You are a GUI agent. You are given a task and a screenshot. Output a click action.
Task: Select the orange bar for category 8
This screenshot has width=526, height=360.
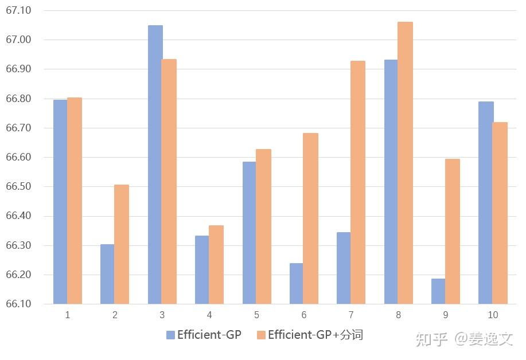click(x=405, y=163)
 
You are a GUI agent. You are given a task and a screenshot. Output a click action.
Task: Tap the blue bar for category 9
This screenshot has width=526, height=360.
click(x=438, y=291)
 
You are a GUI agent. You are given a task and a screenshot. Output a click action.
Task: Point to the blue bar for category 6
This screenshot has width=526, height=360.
click(x=296, y=284)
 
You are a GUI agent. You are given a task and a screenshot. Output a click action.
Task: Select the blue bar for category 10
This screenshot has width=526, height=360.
click(x=485, y=203)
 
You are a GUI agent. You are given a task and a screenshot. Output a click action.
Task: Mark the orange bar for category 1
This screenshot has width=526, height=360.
click(x=75, y=201)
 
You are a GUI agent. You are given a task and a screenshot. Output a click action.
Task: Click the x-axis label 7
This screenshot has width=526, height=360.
click(x=351, y=315)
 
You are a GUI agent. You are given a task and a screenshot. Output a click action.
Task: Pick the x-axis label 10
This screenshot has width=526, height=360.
click(x=493, y=315)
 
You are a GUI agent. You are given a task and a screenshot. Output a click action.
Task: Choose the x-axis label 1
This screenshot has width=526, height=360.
click(x=68, y=315)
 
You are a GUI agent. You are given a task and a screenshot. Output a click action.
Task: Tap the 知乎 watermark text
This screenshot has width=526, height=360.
click(x=432, y=339)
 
